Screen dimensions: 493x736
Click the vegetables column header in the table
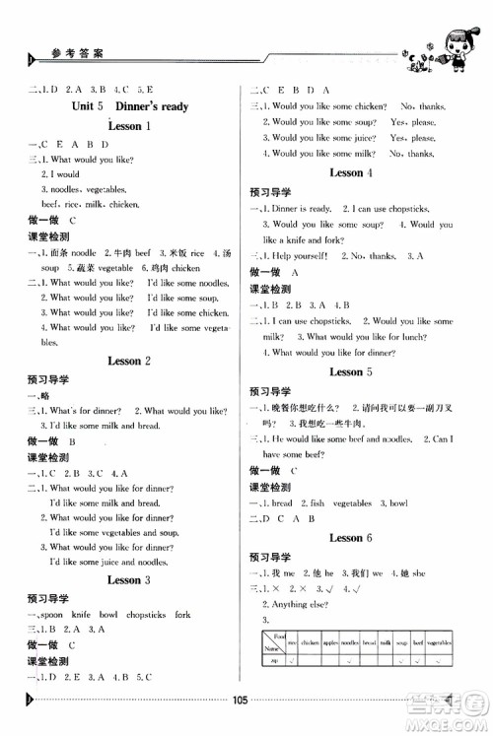click(x=435, y=639)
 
